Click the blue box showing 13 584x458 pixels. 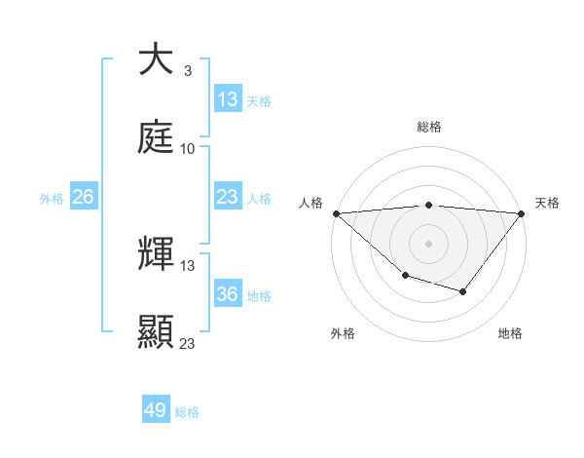[x=227, y=99]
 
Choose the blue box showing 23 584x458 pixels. [x=227, y=197]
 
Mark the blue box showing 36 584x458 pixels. [x=227, y=294]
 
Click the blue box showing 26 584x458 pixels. [x=84, y=197]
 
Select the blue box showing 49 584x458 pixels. [x=156, y=410]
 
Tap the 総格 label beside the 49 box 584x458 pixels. [x=187, y=412]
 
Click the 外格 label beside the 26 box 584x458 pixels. [x=52, y=199]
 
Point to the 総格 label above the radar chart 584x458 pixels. [x=428, y=128]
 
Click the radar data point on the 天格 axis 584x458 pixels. [x=521, y=213]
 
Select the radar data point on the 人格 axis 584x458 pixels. [x=336, y=213]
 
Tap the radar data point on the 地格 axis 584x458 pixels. [x=463, y=291]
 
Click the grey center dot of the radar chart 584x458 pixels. [x=428, y=244]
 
